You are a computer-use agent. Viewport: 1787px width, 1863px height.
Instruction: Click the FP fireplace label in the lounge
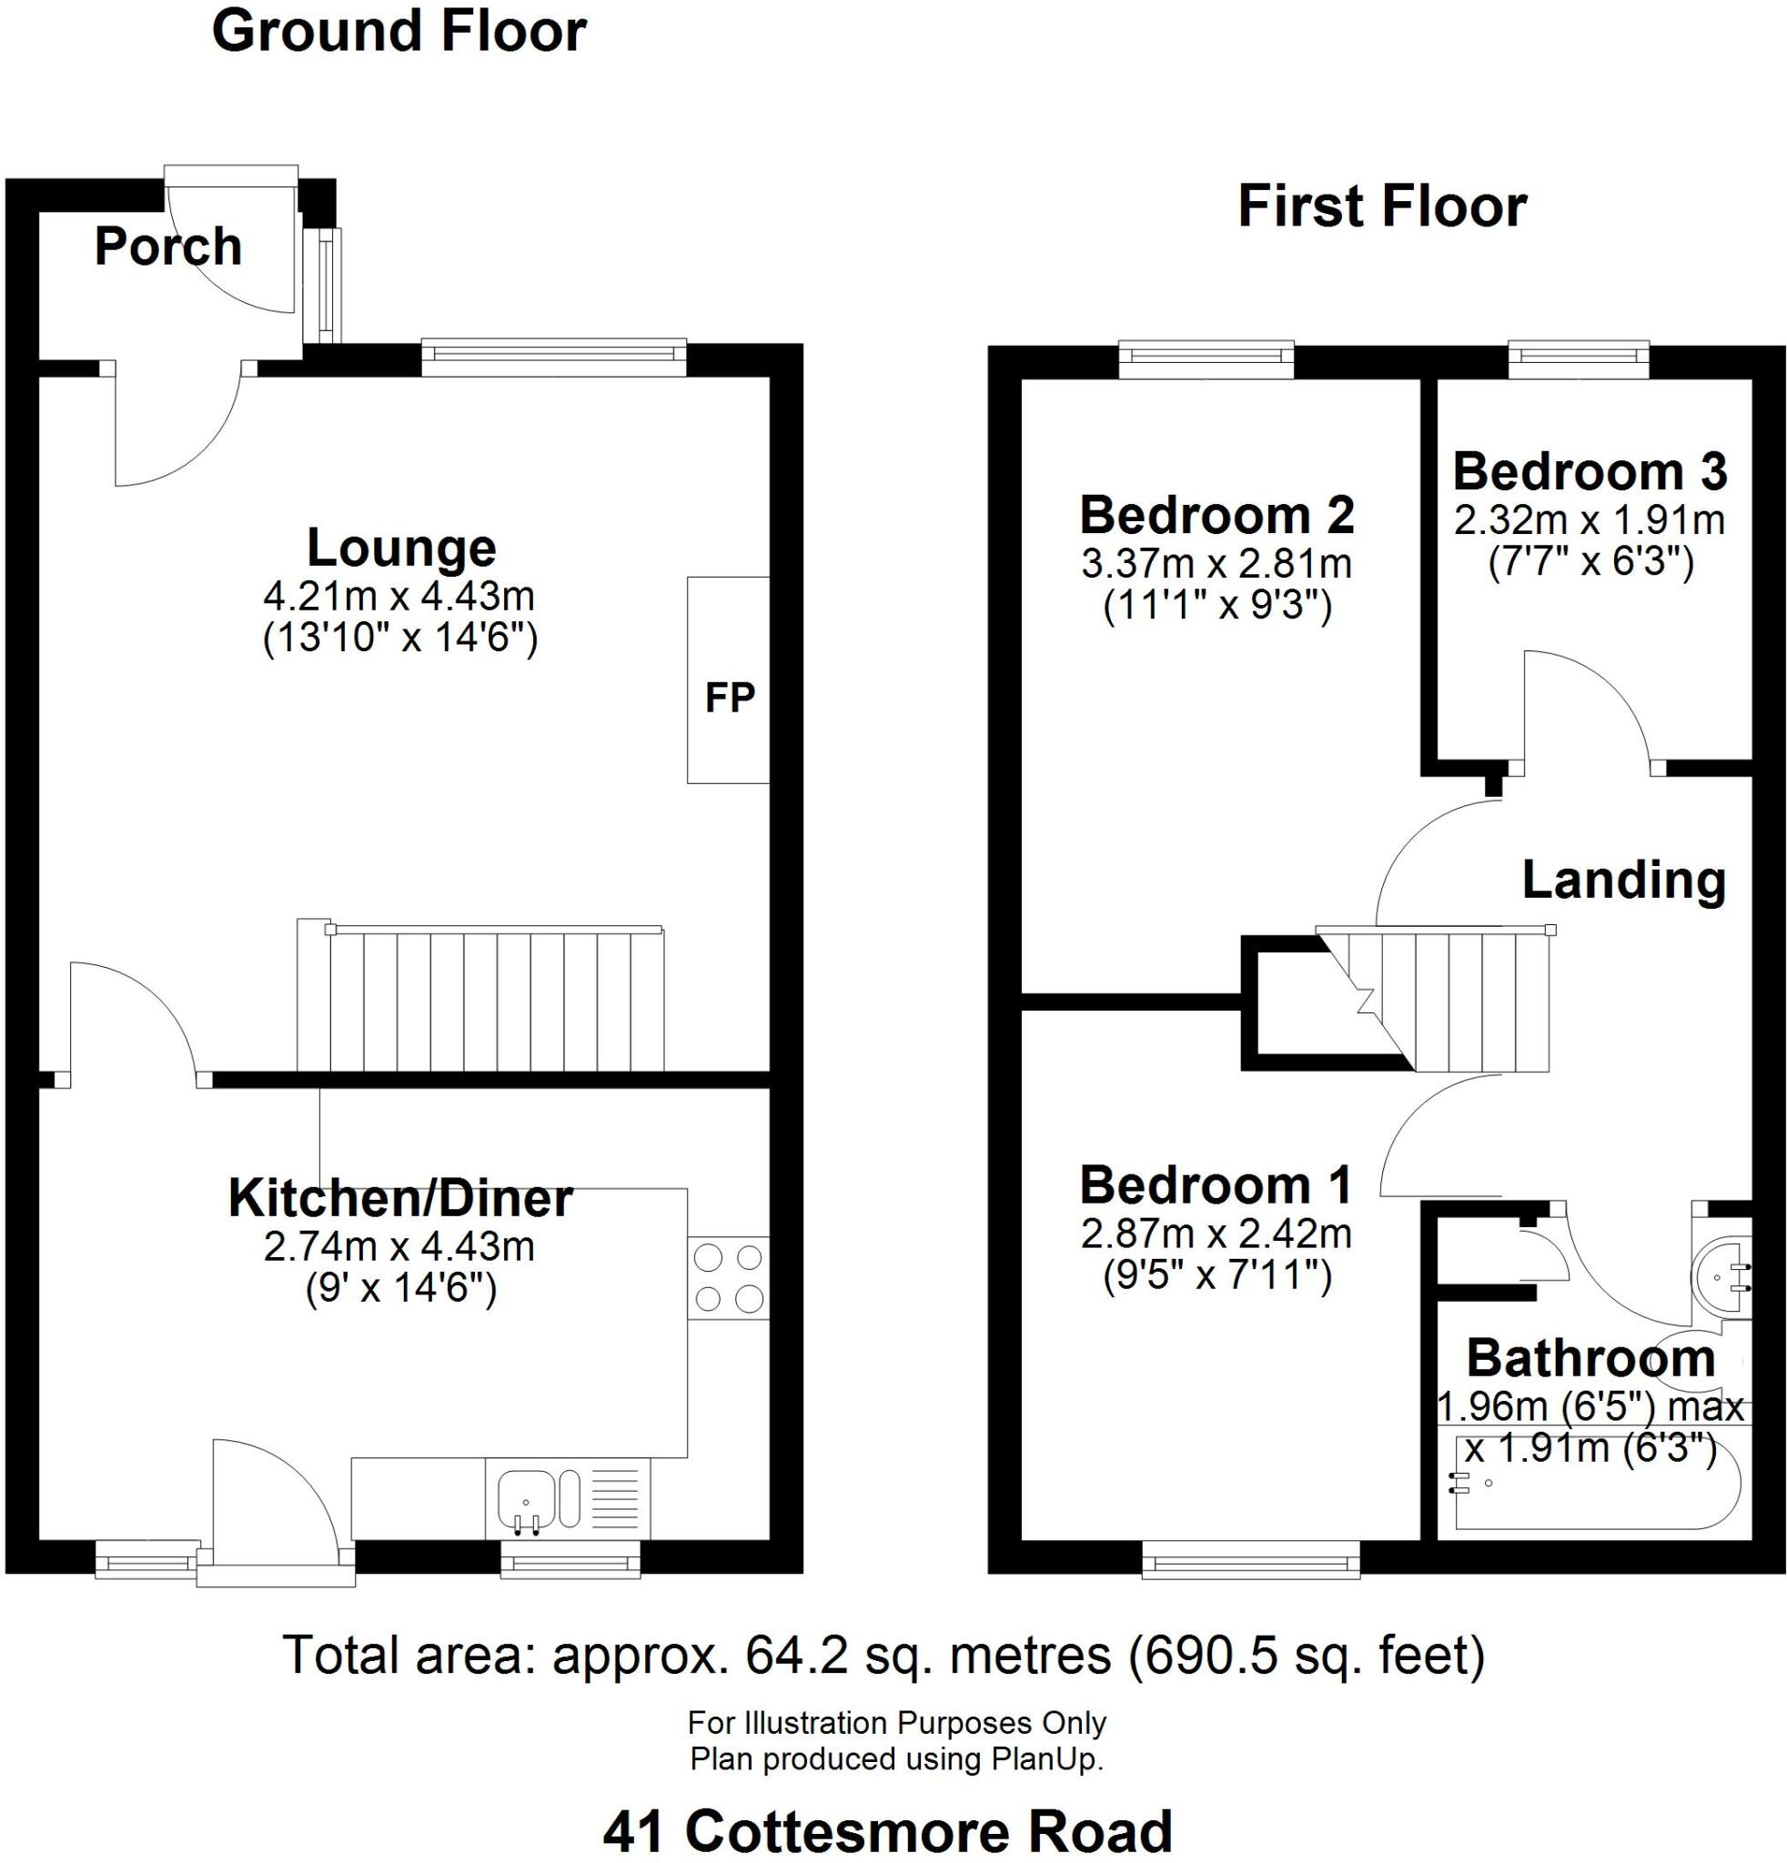[x=729, y=698]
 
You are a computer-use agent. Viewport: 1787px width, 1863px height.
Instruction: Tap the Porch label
[x=168, y=247]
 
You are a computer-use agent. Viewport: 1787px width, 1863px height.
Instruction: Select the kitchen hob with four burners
[x=728, y=1277]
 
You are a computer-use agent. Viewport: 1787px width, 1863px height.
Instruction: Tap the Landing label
[x=1623, y=881]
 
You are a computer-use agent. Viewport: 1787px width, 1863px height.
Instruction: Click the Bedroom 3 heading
[x=1590, y=471]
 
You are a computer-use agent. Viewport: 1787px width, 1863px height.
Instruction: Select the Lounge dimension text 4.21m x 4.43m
[x=399, y=597]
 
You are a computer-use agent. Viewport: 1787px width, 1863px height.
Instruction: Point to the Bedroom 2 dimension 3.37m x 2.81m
[x=1217, y=564]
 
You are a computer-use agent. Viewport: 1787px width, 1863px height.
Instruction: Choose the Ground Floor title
[x=399, y=30]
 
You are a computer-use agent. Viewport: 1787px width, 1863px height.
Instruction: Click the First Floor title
[x=1382, y=206]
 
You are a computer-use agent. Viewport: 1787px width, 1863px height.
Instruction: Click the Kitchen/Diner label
[x=400, y=1199]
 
